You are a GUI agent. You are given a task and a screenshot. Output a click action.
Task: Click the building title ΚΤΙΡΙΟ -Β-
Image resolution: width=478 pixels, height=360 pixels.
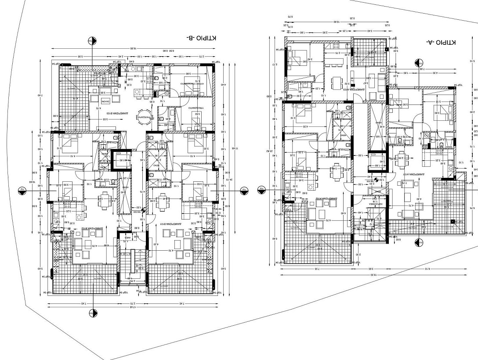[x=202, y=38]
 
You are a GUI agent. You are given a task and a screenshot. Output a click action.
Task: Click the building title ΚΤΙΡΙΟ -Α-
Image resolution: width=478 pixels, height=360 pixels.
[x=441, y=42]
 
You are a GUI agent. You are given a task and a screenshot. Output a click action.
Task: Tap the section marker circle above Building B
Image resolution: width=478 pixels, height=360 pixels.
[x=92, y=41]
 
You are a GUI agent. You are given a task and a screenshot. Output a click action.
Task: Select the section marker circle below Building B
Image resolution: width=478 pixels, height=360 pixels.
[x=93, y=313]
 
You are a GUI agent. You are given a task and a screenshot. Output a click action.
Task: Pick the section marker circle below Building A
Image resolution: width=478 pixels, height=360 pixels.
[x=419, y=242]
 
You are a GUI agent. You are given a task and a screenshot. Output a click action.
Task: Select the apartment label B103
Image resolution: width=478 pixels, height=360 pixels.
[x=105, y=112]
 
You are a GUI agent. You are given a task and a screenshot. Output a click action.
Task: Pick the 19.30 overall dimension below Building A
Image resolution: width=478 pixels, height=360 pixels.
[x=373, y=274]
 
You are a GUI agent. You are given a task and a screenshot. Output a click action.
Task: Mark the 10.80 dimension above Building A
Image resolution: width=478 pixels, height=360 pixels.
[x=337, y=22]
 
